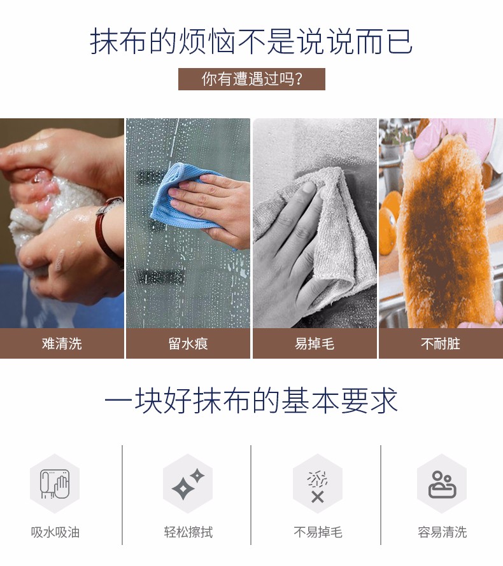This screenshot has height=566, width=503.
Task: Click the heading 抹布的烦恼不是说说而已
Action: (251, 41)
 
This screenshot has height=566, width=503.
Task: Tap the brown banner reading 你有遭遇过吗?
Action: (251, 79)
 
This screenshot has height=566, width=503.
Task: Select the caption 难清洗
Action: (62, 343)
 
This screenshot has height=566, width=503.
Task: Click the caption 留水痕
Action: (188, 343)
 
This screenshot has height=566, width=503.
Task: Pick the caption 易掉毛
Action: (315, 343)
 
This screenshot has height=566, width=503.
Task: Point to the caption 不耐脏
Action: (441, 343)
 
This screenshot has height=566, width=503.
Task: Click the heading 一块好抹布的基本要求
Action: (251, 401)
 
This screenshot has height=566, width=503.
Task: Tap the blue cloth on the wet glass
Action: (181, 197)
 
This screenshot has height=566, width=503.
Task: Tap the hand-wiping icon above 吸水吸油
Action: (55, 484)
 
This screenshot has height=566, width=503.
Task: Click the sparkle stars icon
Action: (188, 484)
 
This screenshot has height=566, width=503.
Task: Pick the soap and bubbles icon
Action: (442, 485)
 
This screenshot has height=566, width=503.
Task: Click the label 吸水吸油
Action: (55, 532)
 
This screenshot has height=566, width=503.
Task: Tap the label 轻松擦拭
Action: (188, 532)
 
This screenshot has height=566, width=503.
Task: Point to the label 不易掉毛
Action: (318, 532)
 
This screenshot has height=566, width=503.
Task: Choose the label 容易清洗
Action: (443, 532)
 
